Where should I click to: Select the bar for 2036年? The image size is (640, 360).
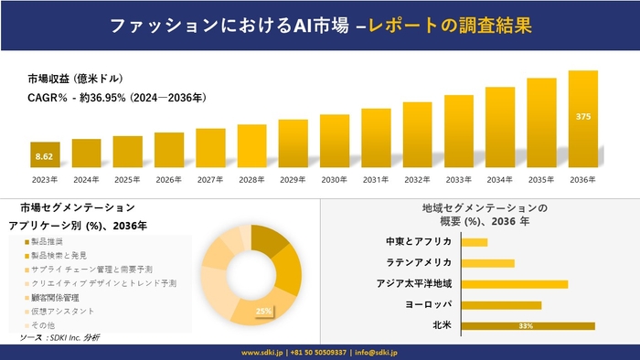[582, 120]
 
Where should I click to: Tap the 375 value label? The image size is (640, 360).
[582, 116]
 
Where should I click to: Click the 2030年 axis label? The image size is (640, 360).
[335, 180]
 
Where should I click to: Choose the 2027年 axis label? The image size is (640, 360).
[210, 180]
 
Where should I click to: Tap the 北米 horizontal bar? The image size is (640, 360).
[528, 325]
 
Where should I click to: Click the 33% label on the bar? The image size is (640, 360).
[526, 325]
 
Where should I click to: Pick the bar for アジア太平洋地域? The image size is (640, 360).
[515, 283]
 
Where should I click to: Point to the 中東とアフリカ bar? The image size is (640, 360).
[475, 242]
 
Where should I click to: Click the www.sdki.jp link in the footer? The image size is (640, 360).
[265, 352]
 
